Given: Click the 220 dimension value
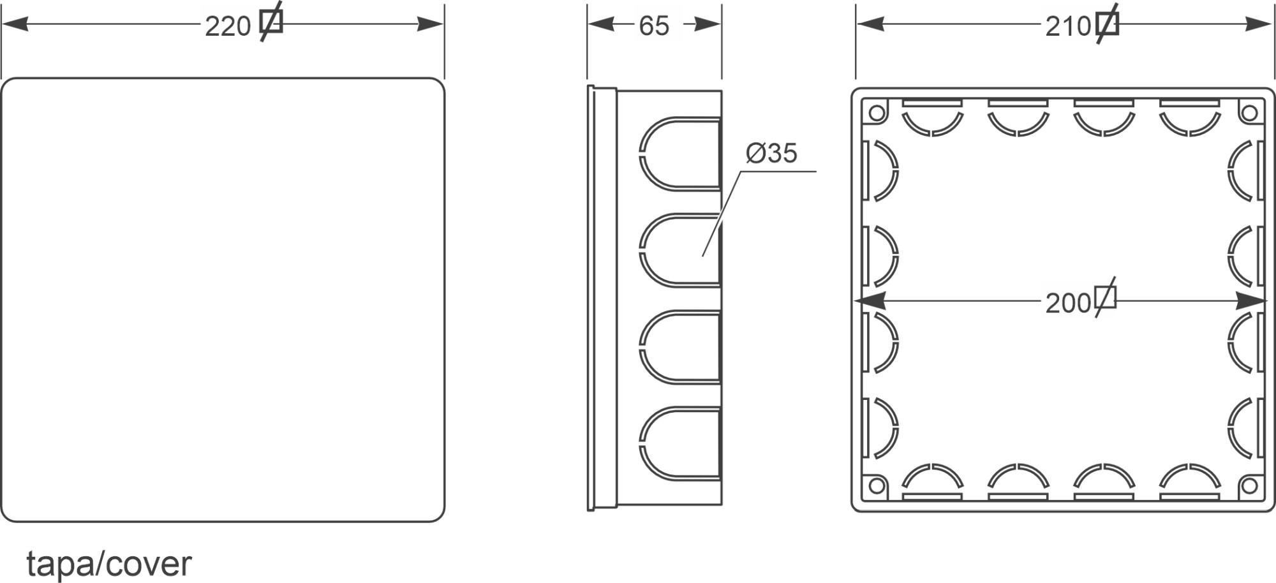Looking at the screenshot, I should point(228,26).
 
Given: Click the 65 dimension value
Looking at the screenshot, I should point(653,26).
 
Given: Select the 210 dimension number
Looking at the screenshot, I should point(1068,26).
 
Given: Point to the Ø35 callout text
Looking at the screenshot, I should point(771,153).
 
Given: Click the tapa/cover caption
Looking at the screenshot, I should point(108,564).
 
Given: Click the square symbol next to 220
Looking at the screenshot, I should point(271,22).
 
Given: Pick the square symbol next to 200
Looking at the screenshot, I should point(1106,298).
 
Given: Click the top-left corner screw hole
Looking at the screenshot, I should point(877,114).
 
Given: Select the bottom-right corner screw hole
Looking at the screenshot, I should point(1249,486).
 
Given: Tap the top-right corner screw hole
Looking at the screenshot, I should point(1249,114).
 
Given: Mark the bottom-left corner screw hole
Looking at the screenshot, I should point(877,486).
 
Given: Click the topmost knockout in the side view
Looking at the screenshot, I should point(679,154).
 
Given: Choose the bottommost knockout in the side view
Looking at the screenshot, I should point(679,443).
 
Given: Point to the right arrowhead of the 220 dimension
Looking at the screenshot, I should point(431,25).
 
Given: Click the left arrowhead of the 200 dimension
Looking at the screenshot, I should point(868,300).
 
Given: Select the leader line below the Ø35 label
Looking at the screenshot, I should point(721,214).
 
